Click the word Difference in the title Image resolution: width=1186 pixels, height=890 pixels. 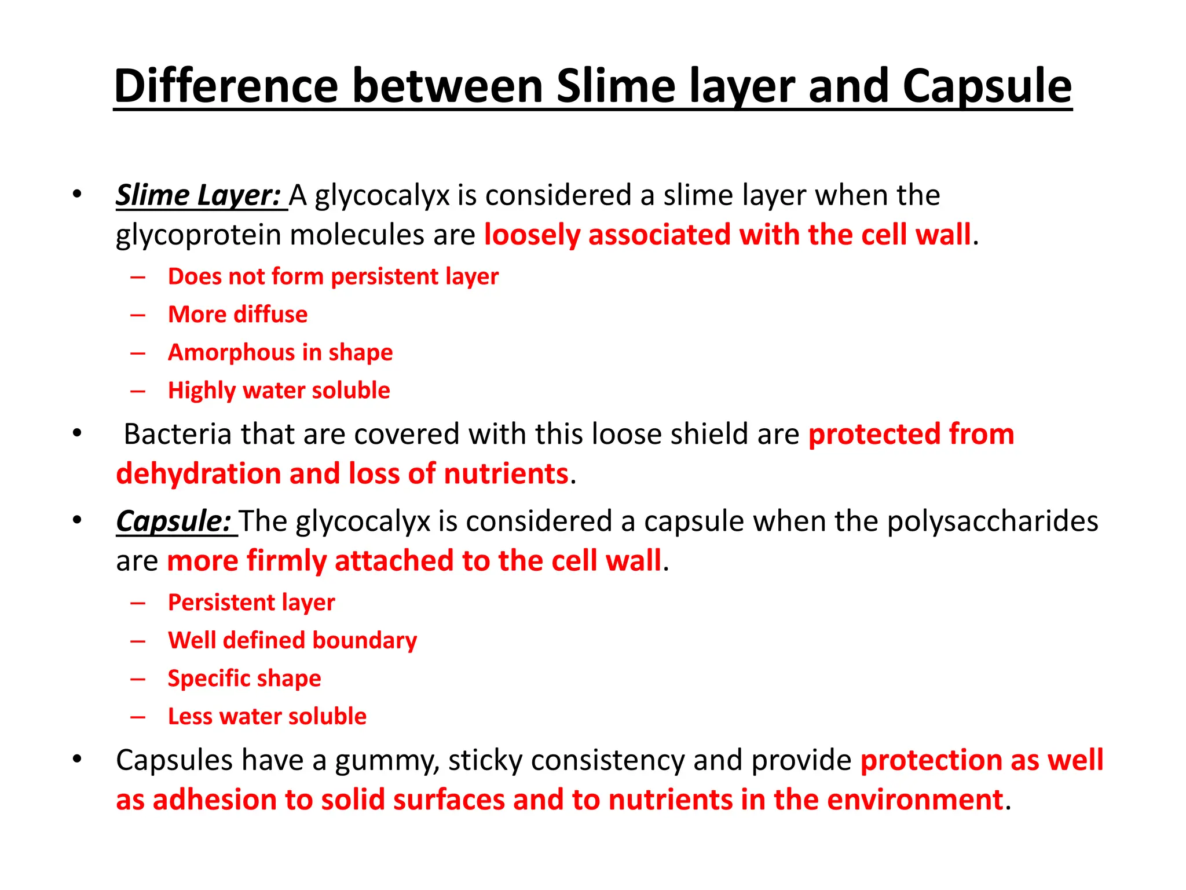(226, 86)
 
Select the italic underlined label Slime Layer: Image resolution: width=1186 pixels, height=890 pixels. (199, 195)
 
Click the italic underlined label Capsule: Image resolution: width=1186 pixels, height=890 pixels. (174, 521)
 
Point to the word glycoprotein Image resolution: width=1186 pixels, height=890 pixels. (197, 236)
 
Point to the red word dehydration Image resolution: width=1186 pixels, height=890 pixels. (199, 474)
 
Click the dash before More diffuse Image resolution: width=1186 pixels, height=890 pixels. (138, 315)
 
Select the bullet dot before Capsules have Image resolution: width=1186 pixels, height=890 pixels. (77, 758)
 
